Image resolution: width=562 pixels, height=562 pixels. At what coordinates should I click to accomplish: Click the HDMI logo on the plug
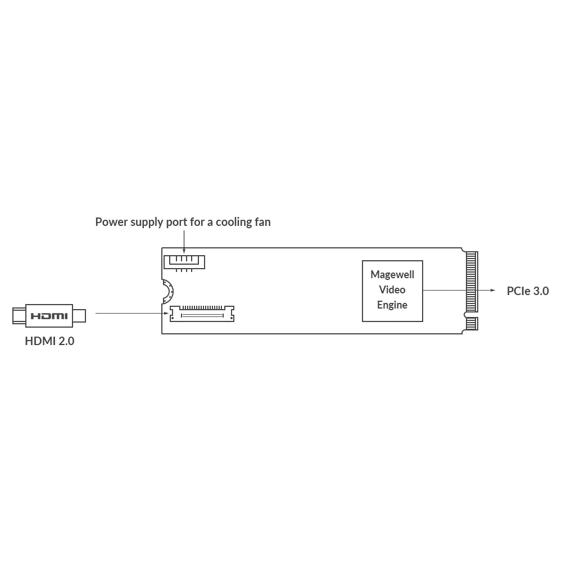tap(49, 316)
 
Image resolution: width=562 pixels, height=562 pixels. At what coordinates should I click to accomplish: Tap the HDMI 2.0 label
tap(49, 341)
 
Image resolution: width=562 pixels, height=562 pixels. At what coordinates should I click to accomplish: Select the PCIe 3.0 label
tap(527, 291)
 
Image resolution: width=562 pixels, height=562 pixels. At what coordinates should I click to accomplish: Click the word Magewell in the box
tap(392, 275)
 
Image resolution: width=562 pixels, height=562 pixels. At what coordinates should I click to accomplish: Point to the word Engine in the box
tap(392, 305)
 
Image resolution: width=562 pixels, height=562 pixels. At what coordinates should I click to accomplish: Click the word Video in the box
tap(392, 290)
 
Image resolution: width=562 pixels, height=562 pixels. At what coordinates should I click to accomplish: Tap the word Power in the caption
tap(111, 222)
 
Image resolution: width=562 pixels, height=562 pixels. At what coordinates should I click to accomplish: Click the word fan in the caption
tap(261, 222)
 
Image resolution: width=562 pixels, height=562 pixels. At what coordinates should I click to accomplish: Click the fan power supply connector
tap(184, 262)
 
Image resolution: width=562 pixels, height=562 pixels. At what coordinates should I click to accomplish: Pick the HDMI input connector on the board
tap(202, 313)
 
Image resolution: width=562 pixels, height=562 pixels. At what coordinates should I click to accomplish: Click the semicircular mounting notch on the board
tap(167, 292)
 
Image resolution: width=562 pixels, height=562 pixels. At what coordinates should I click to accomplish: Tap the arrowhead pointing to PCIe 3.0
tap(493, 291)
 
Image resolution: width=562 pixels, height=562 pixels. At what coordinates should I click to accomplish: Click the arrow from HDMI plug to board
tap(132, 313)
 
